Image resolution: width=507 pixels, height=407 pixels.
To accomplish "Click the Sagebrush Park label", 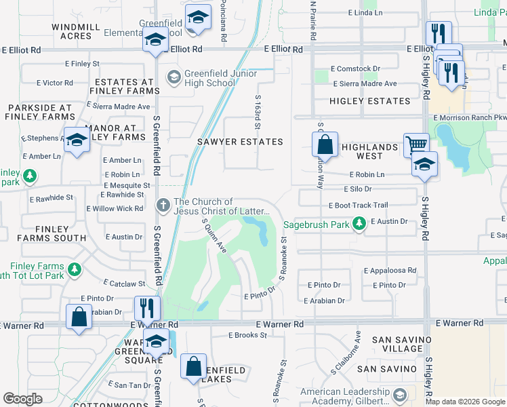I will (315, 223).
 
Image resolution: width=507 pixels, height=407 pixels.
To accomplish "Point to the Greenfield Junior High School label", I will (210, 78).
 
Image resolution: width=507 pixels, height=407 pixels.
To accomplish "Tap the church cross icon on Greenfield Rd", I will (163, 204).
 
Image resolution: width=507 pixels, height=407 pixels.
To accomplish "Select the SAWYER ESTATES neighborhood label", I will (239, 142).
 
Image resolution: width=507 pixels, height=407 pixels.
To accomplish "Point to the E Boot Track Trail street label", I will (358, 205).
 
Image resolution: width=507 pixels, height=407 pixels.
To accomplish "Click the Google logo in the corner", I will (22, 399).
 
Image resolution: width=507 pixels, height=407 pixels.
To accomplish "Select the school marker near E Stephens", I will (77, 140).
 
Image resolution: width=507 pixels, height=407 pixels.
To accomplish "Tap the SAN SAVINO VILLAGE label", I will (394, 344).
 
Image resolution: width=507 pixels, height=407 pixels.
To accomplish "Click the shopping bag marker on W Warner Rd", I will (79, 317).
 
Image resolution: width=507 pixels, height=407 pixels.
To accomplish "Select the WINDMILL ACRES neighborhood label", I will (76, 31).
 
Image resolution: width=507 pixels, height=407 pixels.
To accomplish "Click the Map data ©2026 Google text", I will (465, 402).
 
